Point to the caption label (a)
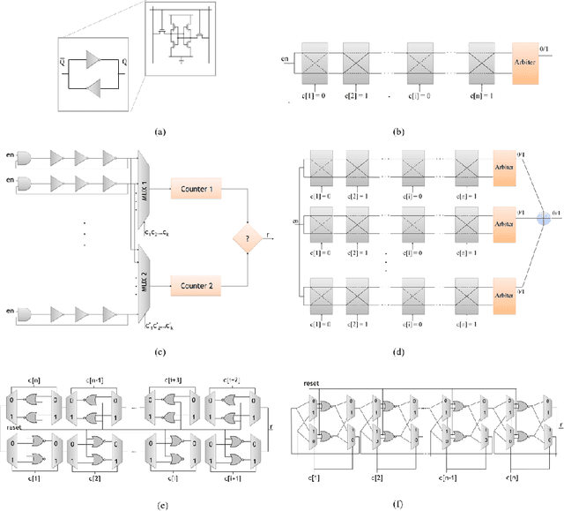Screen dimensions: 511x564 click(159, 132)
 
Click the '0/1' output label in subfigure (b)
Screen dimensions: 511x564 click(545, 51)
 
